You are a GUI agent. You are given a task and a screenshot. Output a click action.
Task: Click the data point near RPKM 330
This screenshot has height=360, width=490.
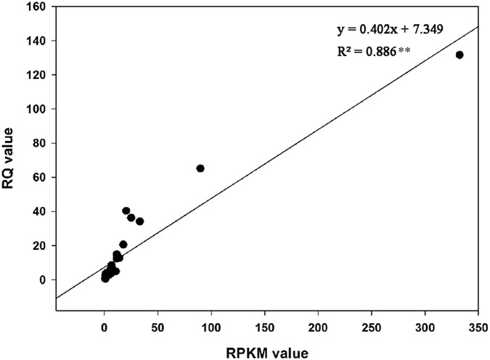point(459,55)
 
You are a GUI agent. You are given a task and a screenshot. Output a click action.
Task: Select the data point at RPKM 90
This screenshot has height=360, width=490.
point(200,168)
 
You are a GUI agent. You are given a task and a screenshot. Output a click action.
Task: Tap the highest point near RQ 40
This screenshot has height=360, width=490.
point(126,211)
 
